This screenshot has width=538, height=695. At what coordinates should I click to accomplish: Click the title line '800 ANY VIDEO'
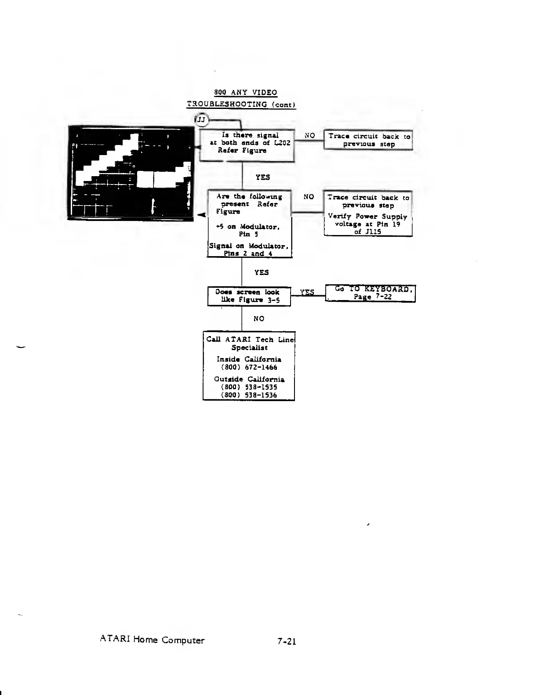pos(245,92)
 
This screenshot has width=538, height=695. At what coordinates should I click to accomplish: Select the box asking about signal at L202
pos(247,144)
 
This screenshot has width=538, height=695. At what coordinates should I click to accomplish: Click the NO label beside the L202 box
pos(309,136)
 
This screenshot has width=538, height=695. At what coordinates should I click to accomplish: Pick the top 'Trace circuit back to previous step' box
pos(368,140)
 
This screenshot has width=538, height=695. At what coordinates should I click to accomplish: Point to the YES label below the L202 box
pos(262,177)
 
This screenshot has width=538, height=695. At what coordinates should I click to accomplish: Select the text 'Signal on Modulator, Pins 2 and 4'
pos(248,250)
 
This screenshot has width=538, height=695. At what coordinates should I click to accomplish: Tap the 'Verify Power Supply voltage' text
pos(367,220)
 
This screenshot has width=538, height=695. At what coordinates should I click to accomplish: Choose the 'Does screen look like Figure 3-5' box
pos(249,296)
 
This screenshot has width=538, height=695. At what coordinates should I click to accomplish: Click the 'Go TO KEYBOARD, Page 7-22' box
pos(370,293)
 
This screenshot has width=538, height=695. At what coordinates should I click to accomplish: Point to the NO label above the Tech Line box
pos(259,319)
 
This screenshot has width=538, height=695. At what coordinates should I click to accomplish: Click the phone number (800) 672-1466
pos(249,367)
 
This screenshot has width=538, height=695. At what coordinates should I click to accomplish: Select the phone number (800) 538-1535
pos(249,387)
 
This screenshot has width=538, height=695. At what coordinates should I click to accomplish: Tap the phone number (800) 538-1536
pos(249,395)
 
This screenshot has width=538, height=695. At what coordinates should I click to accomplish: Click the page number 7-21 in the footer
pos(287,641)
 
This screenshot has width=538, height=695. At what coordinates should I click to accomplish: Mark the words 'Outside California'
pos(249,379)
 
